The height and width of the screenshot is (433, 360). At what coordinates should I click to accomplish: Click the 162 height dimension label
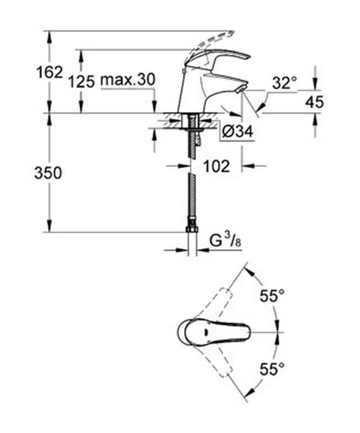(x=50, y=73)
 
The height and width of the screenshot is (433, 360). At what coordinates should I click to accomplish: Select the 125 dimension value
(x=81, y=82)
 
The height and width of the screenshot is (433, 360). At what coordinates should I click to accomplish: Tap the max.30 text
(x=128, y=80)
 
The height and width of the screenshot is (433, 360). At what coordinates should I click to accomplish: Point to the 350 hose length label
(x=48, y=173)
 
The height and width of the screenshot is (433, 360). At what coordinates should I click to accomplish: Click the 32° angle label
(x=284, y=83)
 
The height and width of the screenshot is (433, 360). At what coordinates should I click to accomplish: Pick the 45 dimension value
(x=314, y=102)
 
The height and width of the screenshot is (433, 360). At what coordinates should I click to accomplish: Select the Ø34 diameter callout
(x=238, y=132)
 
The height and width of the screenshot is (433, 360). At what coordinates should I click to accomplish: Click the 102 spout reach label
(x=216, y=166)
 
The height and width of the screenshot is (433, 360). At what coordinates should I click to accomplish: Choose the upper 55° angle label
(x=272, y=296)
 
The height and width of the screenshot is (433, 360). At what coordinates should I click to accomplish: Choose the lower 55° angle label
(x=272, y=369)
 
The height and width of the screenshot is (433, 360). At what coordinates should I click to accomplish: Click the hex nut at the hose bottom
(x=192, y=229)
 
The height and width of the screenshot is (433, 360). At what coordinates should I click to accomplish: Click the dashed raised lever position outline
(x=210, y=44)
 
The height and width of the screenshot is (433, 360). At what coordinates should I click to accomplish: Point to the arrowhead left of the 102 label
(x=184, y=166)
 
